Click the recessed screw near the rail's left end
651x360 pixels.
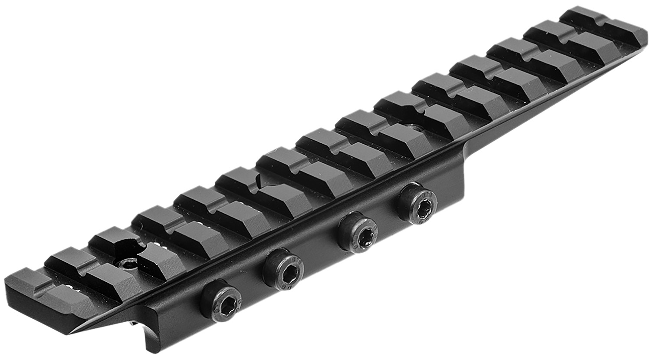click(x=128, y=264)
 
